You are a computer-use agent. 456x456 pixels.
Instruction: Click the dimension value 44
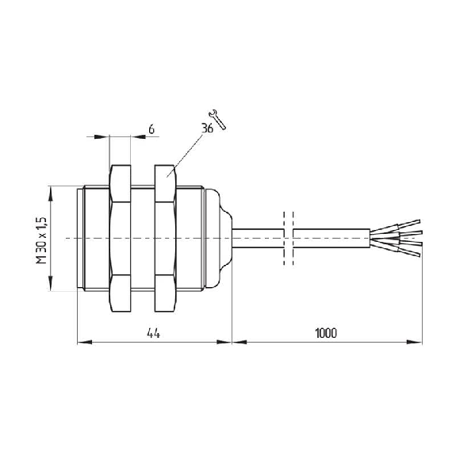coord(153,333)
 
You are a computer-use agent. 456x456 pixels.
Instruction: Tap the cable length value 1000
coord(326,333)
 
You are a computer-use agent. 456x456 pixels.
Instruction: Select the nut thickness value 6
coord(151,129)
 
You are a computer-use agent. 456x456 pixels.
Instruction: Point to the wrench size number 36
coord(207,128)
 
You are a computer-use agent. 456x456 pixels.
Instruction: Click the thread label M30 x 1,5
coord(41,240)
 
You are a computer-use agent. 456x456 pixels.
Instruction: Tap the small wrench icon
coord(218,119)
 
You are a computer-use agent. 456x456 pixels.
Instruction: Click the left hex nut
coord(120,239)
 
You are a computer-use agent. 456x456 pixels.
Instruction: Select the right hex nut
coord(165,239)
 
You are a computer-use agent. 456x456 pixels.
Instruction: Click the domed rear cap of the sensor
coord(218,239)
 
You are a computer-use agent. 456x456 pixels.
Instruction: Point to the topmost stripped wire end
coord(409,223)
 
